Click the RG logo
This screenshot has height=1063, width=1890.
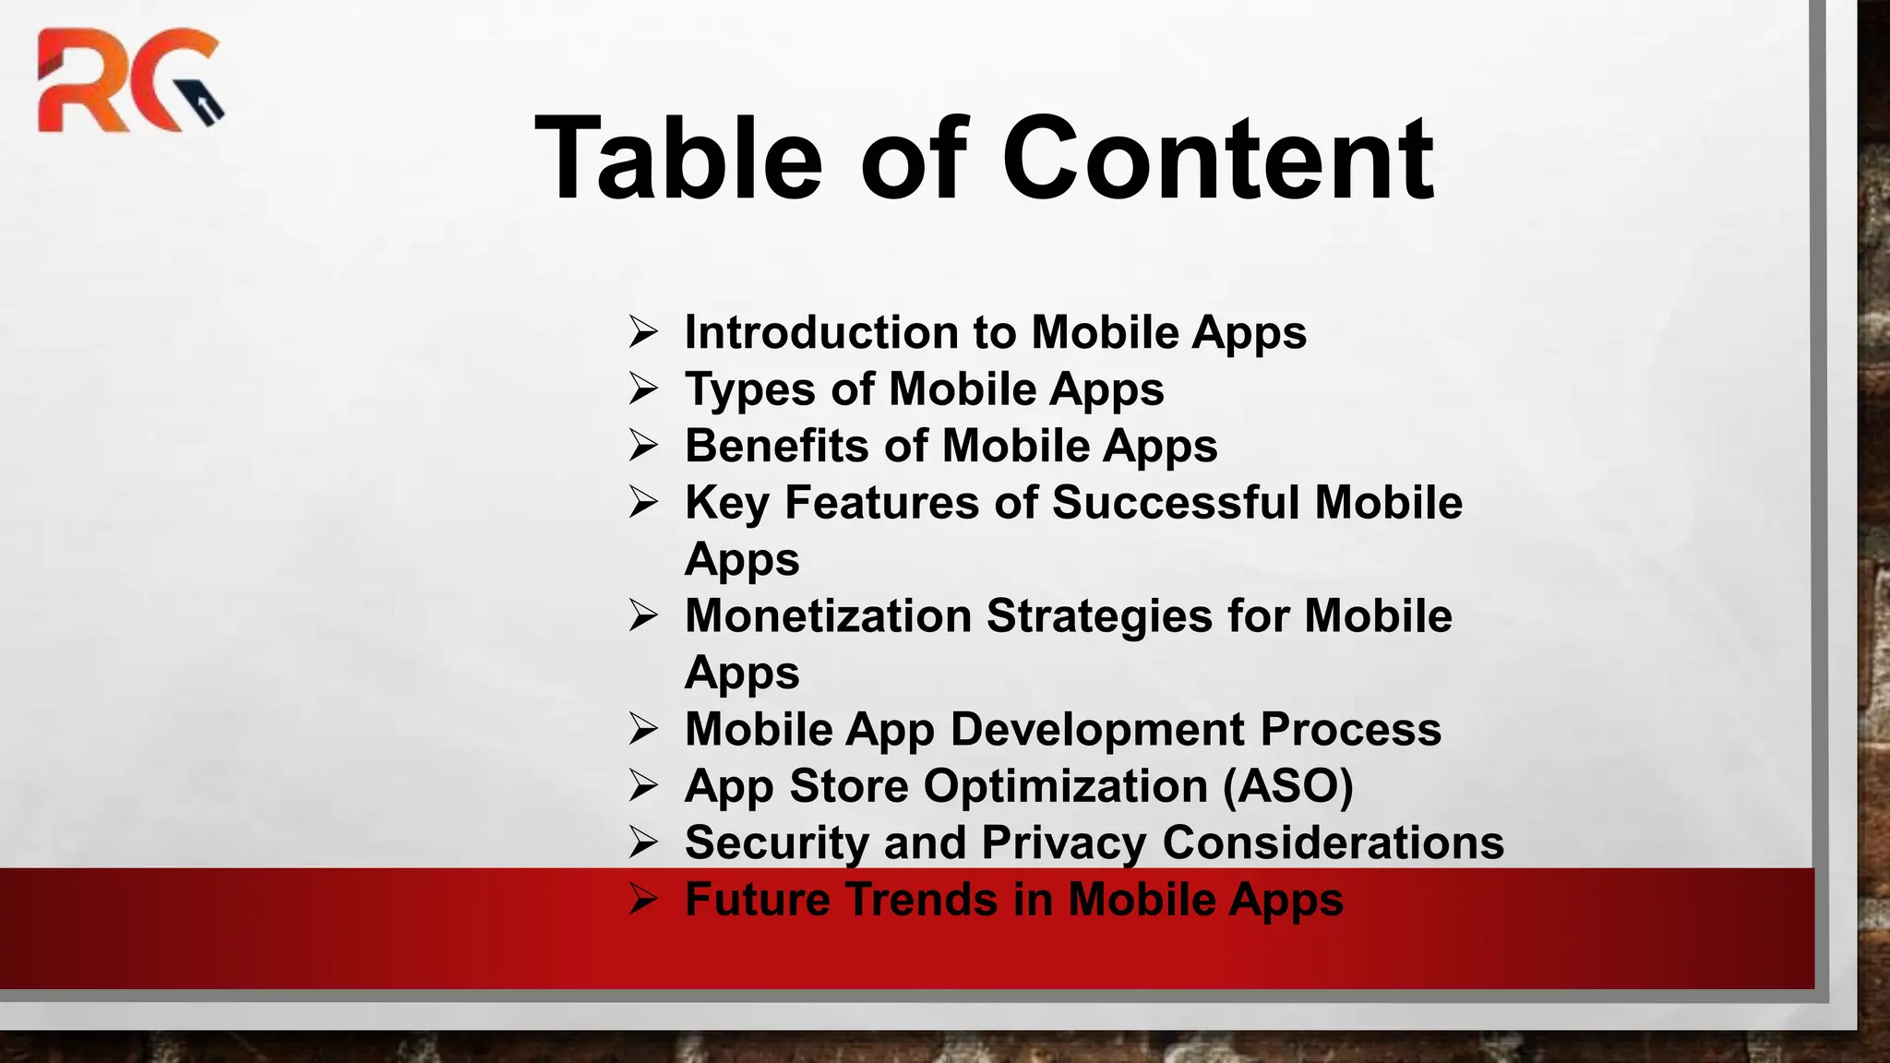tap(129, 80)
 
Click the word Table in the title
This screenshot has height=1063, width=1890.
tap(678, 158)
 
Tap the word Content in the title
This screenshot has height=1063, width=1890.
tap(1217, 158)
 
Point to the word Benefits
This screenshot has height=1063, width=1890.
tap(775, 446)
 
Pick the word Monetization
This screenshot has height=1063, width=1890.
tap(828, 615)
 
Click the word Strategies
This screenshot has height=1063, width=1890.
tap(1099, 615)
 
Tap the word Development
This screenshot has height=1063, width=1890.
tap(1097, 729)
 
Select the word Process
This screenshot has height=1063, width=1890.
tap(1350, 729)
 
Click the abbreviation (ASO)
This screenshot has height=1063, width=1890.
tap(1288, 786)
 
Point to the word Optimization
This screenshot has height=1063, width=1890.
tap(1066, 786)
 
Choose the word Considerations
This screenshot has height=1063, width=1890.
tap(1333, 842)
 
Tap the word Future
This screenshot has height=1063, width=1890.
tap(757, 900)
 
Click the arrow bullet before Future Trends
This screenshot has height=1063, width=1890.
tap(643, 899)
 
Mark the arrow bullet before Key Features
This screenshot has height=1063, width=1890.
tap(643, 502)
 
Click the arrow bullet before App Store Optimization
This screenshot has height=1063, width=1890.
tap(643, 785)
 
